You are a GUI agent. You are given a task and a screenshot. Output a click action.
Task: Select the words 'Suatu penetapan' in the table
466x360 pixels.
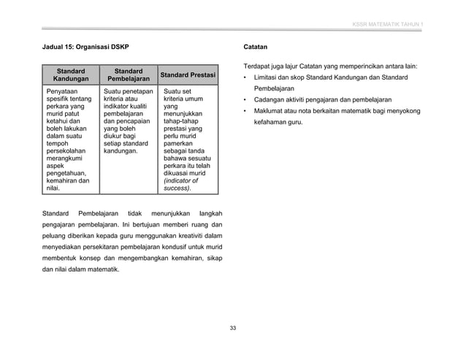[x=129, y=91]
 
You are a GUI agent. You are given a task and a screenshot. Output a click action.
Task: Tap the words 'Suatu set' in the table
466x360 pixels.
[x=178, y=91]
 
